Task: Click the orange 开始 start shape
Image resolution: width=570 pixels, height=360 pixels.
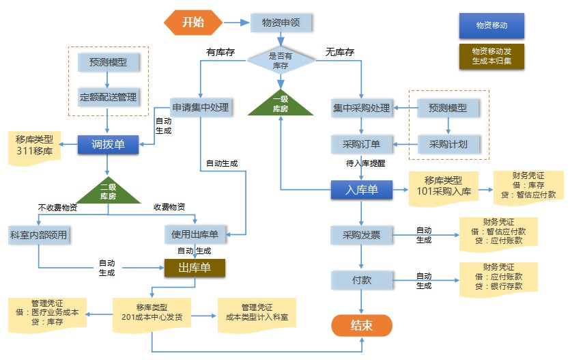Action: [x=193, y=22]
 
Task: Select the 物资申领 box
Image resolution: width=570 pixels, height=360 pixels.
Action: [x=281, y=22]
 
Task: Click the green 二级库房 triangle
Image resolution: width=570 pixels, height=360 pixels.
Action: [x=108, y=191]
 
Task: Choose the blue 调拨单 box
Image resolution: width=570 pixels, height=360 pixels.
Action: [x=108, y=143]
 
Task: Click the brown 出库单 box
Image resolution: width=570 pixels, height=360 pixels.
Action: [x=195, y=266]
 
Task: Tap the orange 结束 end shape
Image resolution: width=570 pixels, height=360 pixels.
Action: [x=361, y=325]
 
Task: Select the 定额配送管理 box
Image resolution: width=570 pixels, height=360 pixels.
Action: [x=108, y=97]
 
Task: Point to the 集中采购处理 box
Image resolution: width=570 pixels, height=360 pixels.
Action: [x=361, y=108]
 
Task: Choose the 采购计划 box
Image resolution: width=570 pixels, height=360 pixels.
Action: [x=448, y=143]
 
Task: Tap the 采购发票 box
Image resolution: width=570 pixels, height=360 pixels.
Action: [x=361, y=235]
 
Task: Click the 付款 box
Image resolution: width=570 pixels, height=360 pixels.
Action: [x=361, y=280]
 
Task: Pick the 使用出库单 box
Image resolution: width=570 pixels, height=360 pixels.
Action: [x=195, y=235]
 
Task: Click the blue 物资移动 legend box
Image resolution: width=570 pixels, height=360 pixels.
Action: [x=491, y=25]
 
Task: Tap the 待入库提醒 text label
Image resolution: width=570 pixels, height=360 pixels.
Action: [x=365, y=164]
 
